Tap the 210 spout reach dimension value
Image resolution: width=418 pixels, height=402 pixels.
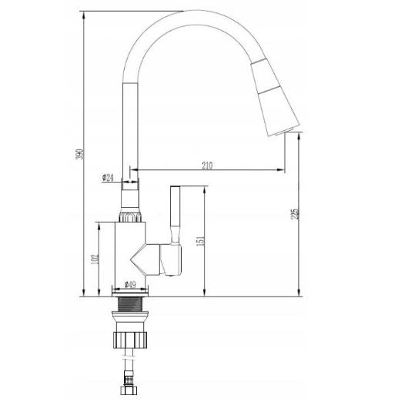click(x=207, y=166)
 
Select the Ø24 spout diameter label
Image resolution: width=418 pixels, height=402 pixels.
click(x=108, y=177)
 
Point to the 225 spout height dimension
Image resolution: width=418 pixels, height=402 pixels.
click(x=295, y=214)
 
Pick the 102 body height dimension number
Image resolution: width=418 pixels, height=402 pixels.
click(x=95, y=260)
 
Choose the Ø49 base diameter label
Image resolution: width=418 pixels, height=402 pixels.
click(x=130, y=285)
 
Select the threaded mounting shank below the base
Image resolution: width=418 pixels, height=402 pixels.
click(x=130, y=304)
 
